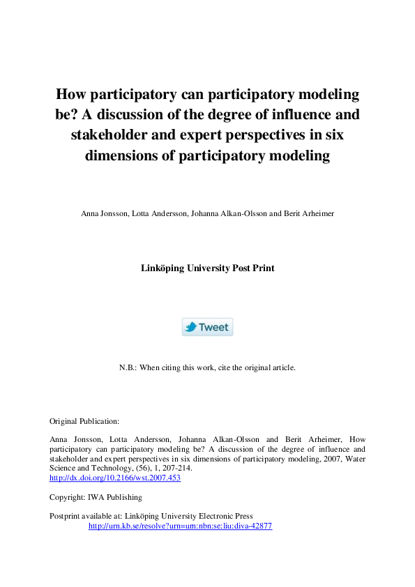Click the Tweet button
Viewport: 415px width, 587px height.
point(207,327)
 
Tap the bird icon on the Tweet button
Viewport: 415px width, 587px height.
point(190,327)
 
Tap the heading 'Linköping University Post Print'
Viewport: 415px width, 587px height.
point(207,268)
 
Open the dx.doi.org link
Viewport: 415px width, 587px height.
point(115,479)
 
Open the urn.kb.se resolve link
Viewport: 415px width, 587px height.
point(180,526)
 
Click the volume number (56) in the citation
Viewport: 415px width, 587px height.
point(129,469)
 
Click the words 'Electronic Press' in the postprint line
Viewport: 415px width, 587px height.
point(229,516)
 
